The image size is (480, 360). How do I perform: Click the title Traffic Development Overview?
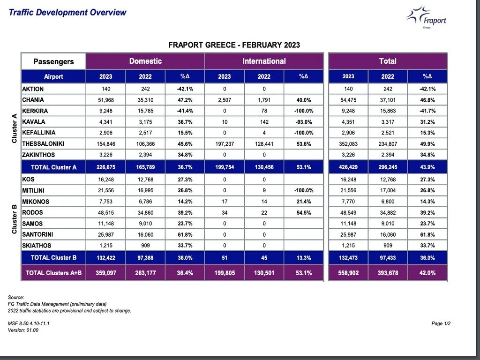(x=67, y=12)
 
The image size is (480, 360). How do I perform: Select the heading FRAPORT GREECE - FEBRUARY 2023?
(x=234, y=45)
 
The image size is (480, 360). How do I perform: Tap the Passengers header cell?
(x=53, y=61)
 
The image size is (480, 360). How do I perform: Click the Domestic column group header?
(x=145, y=61)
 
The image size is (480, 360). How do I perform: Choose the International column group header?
(x=264, y=61)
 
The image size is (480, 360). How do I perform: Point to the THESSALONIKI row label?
(x=49, y=143)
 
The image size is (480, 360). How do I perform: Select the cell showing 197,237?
(x=225, y=144)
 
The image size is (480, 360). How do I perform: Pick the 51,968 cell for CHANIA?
(x=105, y=100)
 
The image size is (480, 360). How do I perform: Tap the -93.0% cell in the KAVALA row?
(x=304, y=122)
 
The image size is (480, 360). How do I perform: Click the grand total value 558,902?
(x=348, y=273)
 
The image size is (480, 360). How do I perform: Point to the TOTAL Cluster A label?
(x=53, y=167)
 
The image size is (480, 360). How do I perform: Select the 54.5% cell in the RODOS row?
(x=304, y=212)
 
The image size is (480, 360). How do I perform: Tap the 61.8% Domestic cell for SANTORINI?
(x=185, y=234)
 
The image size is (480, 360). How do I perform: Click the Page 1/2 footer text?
(x=441, y=323)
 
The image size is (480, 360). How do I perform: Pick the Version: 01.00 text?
(x=23, y=330)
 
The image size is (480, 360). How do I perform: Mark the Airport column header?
(x=53, y=76)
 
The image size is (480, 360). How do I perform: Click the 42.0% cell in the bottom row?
(x=427, y=273)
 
